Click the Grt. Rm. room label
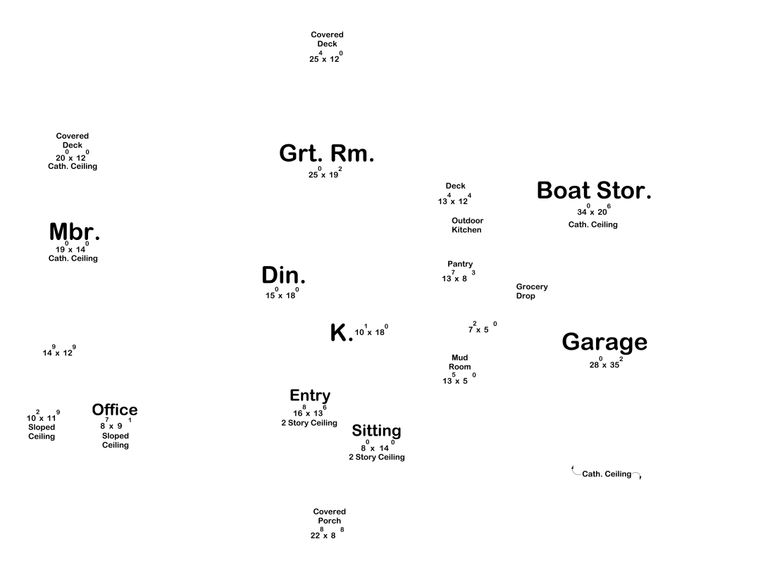[x=326, y=153]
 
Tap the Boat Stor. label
[x=594, y=191]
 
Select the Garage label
[x=604, y=342]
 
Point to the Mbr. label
[x=74, y=232]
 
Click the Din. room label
[x=283, y=276]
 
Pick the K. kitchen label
[x=341, y=333]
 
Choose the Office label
[x=115, y=410]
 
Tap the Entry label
[x=310, y=396]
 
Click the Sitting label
[x=376, y=431]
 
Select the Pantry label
[x=460, y=264]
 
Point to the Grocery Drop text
[x=531, y=291]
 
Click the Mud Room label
[x=459, y=362]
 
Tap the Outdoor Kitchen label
[x=467, y=225]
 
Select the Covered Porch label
[x=329, y=516]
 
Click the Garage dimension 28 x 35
[x=605, y=365]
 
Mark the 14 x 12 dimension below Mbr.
[x=58, y=352]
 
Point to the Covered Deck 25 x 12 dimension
[x=325, y=58]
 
